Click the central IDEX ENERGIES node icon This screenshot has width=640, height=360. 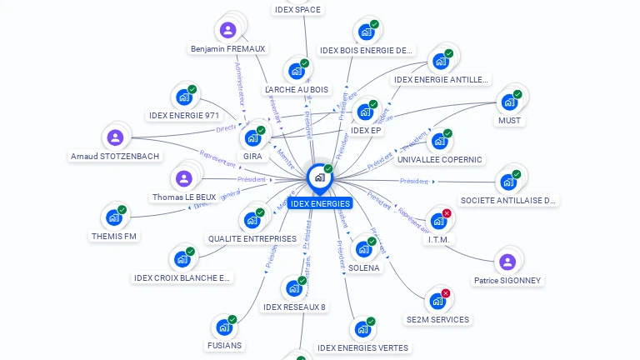(x=319, y=177)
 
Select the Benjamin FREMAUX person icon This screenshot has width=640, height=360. (x=228, y=31)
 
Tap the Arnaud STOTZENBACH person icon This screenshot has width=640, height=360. (x=115, y=137)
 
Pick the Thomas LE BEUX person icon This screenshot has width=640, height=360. (x=184, y=178)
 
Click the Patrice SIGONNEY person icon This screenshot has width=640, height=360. (x=507, y=262)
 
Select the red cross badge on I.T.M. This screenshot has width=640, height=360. (x=447, y=213)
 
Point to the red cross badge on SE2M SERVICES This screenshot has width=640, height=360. (x=446, y=293)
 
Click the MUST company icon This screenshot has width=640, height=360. (x=509, y=102)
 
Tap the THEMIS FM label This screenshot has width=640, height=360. (x=113, y=236)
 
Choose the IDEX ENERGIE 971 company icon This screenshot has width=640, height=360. (x=184, y=97)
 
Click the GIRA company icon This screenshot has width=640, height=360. (x=252, y=138)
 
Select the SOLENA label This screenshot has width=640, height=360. (x=364, y=268)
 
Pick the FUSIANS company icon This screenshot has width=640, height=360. (x=224, y=327)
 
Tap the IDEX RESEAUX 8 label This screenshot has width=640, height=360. (x=294, y=307)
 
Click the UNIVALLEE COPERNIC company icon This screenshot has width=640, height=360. (x=439, y=142)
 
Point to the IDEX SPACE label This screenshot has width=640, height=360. (x=297, y=10)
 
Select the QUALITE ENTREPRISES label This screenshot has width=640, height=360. (x=252, y=238)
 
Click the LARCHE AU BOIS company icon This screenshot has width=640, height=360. (x=297, y=71)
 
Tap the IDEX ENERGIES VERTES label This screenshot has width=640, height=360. (x=362, y=347)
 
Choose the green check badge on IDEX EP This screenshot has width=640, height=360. (x=373, y=105)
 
